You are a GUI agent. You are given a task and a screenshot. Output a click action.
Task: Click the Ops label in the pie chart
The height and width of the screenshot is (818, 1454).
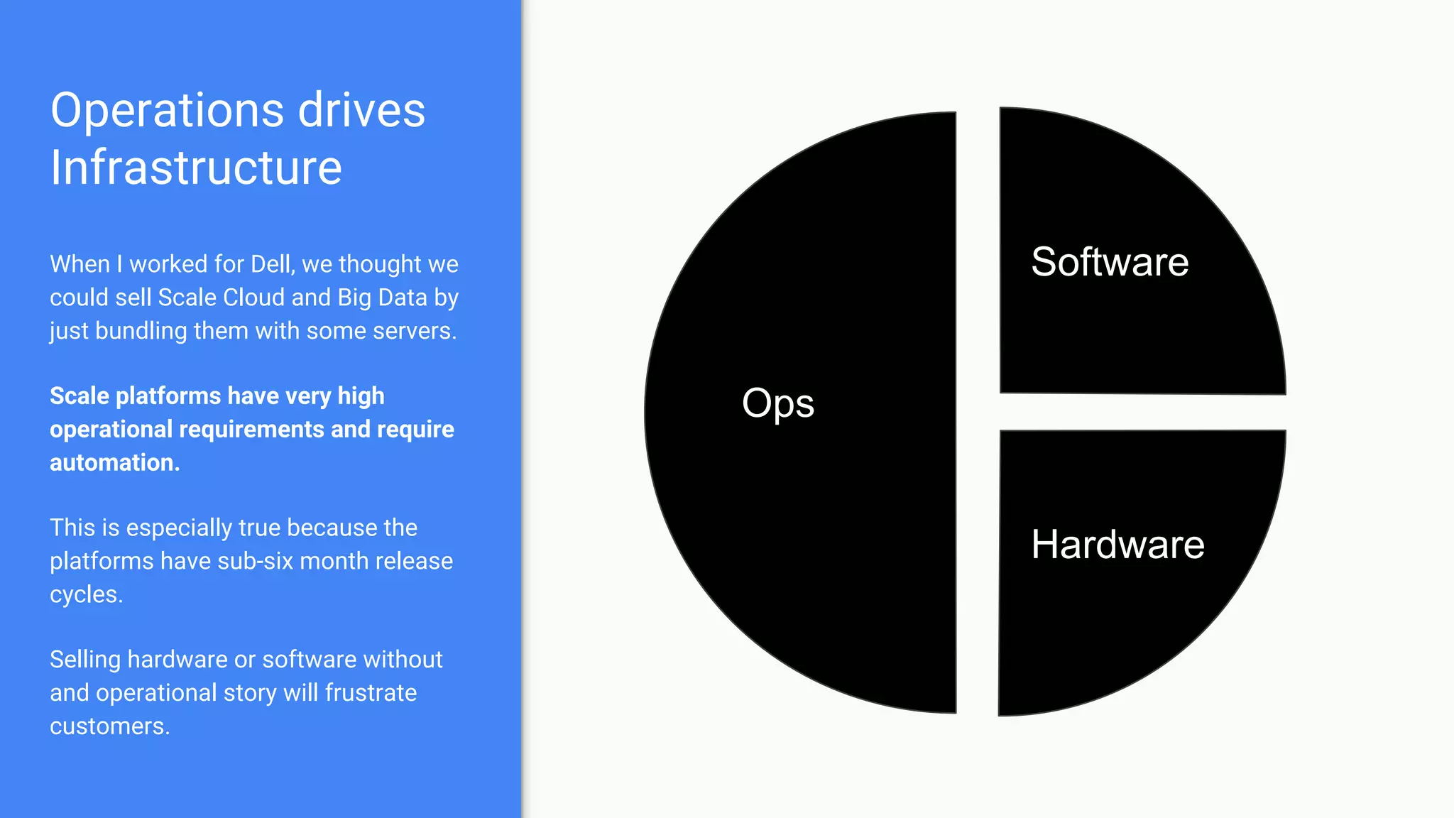pos(777,403)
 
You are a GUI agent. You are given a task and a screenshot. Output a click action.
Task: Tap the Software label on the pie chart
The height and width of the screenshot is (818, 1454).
pos(1110,262)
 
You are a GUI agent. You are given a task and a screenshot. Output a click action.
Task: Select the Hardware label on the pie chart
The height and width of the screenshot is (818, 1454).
pos(1117,545)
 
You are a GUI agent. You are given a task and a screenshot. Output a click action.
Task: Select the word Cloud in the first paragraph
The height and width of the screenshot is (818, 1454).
pos(253,298)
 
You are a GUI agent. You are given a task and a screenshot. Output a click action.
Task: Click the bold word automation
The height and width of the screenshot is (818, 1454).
pos(114,463)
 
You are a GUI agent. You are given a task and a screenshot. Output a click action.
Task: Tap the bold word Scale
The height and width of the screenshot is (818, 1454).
pos(79,396)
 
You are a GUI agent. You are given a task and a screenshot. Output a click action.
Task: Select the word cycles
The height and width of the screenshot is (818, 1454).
pos(85,594)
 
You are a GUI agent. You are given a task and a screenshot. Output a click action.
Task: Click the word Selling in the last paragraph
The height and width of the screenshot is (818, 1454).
pos(85,660)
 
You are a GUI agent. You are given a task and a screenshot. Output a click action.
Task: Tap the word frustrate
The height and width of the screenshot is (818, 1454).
pos(371,693)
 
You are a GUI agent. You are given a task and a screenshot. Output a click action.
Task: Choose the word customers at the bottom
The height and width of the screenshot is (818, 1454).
pos(109,726)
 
